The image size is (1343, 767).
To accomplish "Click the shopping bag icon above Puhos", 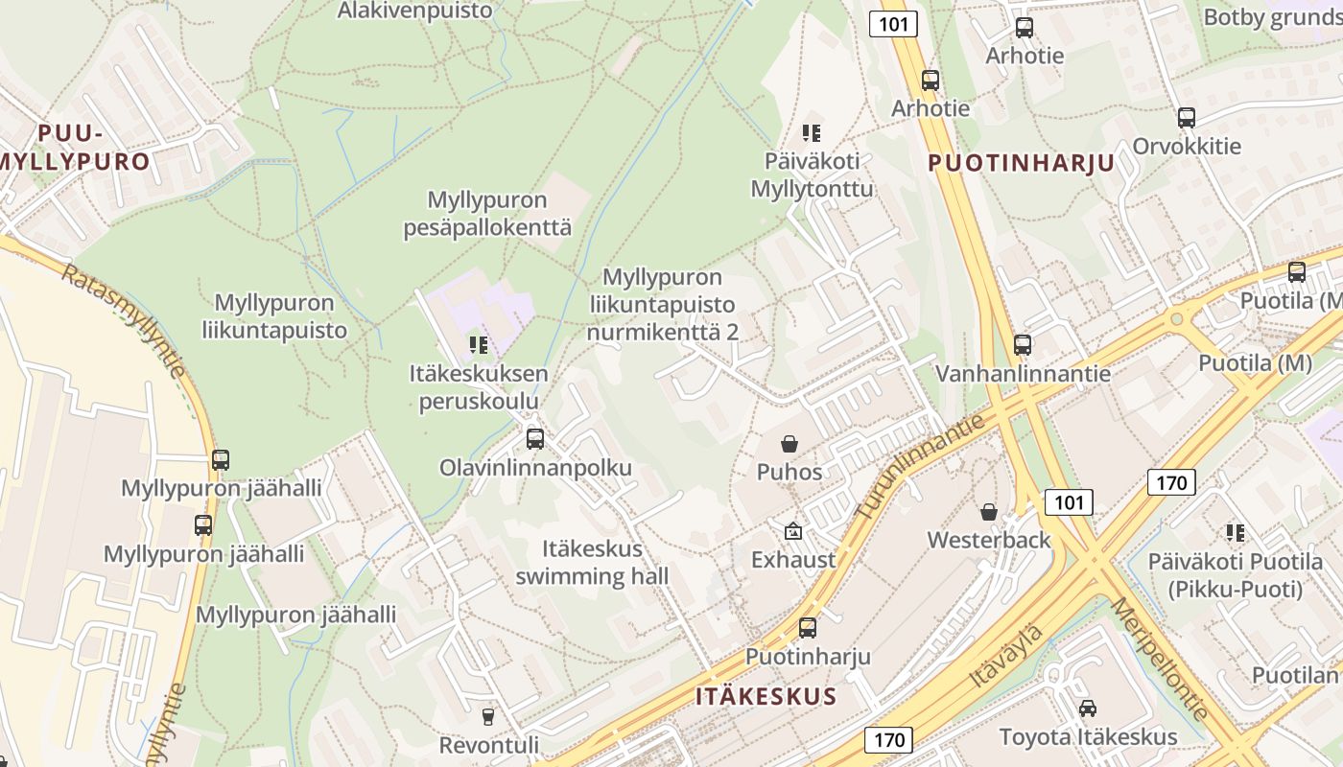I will pos(789,444).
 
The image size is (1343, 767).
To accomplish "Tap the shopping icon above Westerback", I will pos(989,512).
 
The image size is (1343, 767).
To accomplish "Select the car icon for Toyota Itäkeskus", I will pos(1088,709).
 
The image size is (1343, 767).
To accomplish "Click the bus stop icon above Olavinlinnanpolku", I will pos(535,439).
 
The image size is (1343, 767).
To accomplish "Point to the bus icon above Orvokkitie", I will pos(1187,118).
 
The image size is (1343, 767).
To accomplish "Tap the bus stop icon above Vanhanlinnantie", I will pos(1023,345).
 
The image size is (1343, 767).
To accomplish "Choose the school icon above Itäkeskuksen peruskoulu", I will pos(479,345).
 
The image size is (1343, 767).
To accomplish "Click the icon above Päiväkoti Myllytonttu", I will pos(812,132).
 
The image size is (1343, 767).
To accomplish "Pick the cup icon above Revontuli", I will pos(488,717).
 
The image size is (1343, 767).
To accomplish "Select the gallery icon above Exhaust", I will pos(793,531).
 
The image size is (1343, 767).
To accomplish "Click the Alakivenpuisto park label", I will pos(415,11).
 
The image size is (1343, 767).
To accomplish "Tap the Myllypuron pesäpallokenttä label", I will pos(487,214).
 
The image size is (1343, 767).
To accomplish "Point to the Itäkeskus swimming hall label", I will pos(592,563).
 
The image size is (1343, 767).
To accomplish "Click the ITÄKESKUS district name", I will pos(766,696).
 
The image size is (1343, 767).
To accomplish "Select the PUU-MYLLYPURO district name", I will pos(77,147).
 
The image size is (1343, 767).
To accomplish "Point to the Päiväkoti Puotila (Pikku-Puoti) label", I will pos(1235,575).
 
